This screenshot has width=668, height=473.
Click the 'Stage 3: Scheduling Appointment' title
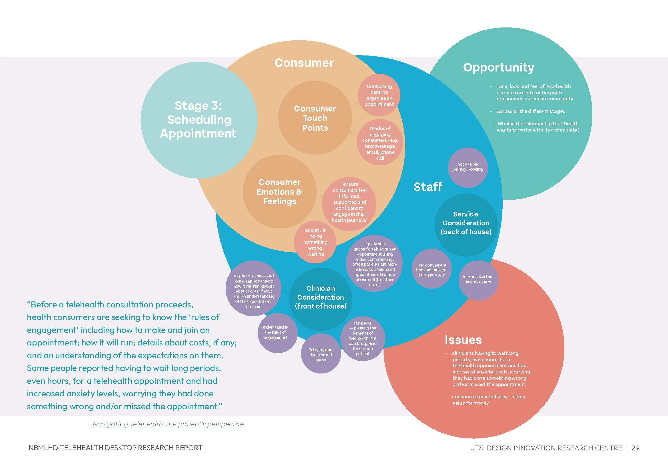[198, 120]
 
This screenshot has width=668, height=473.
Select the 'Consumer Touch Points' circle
[315, 118]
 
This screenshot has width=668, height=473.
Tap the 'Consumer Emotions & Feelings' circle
[280, 192]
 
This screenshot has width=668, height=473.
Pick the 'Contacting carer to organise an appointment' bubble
[379, 95]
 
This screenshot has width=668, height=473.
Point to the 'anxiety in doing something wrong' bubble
[316, 242]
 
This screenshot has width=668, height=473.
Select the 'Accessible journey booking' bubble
[468, 167]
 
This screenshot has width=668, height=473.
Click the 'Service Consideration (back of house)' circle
[466, 223]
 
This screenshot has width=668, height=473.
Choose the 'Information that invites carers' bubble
[478, 279]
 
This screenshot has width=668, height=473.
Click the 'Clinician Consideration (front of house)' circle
[321, 297]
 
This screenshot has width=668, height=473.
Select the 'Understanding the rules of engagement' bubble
[276, 332]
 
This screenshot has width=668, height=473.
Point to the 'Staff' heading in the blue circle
[428, 187]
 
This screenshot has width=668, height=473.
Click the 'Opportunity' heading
[499, 67]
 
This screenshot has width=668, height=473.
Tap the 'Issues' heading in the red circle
[463, 340]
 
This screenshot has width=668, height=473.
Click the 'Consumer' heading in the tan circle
[304, 63]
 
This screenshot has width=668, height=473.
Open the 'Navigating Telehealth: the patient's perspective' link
[168, 424]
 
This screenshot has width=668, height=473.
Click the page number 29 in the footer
[635, 448]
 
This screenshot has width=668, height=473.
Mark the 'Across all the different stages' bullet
[531, 111]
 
